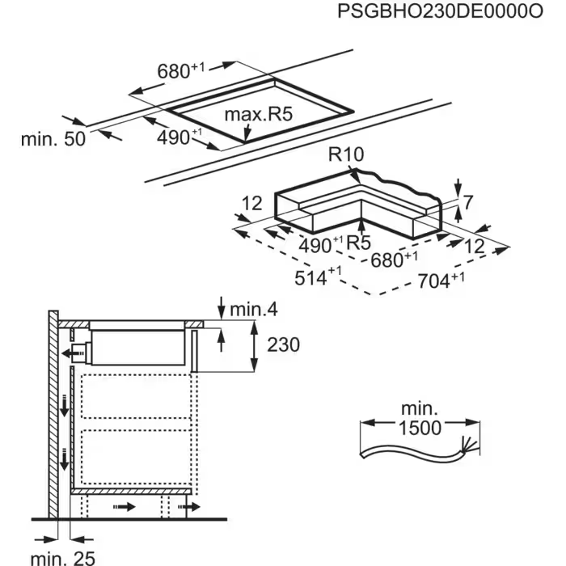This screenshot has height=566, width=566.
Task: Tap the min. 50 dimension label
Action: coord(52,138)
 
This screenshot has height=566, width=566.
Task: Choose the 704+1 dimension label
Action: coord(441,281)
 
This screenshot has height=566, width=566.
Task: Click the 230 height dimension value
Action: coord(282,345)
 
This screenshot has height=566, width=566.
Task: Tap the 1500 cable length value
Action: coord(420,428)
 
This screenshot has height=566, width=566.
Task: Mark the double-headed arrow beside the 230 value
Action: coord(256,345)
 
